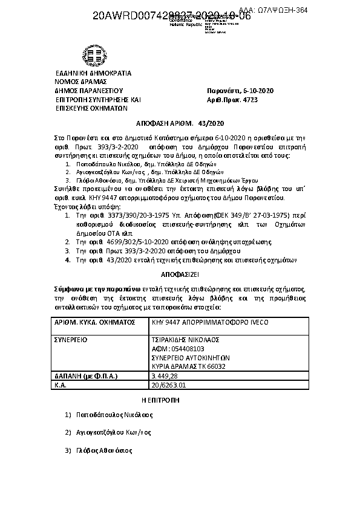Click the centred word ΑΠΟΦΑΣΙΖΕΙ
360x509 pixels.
pyautogui.click(x=180, y=273)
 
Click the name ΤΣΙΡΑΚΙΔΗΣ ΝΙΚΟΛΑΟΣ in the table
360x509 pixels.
pyautogui.click(x=189, y=340)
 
